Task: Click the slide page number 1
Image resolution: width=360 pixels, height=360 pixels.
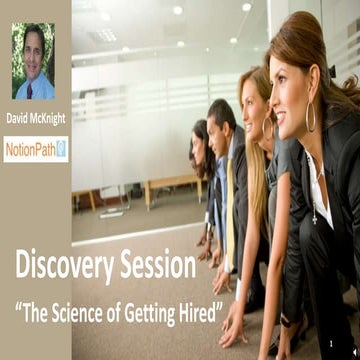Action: pos(334,345)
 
